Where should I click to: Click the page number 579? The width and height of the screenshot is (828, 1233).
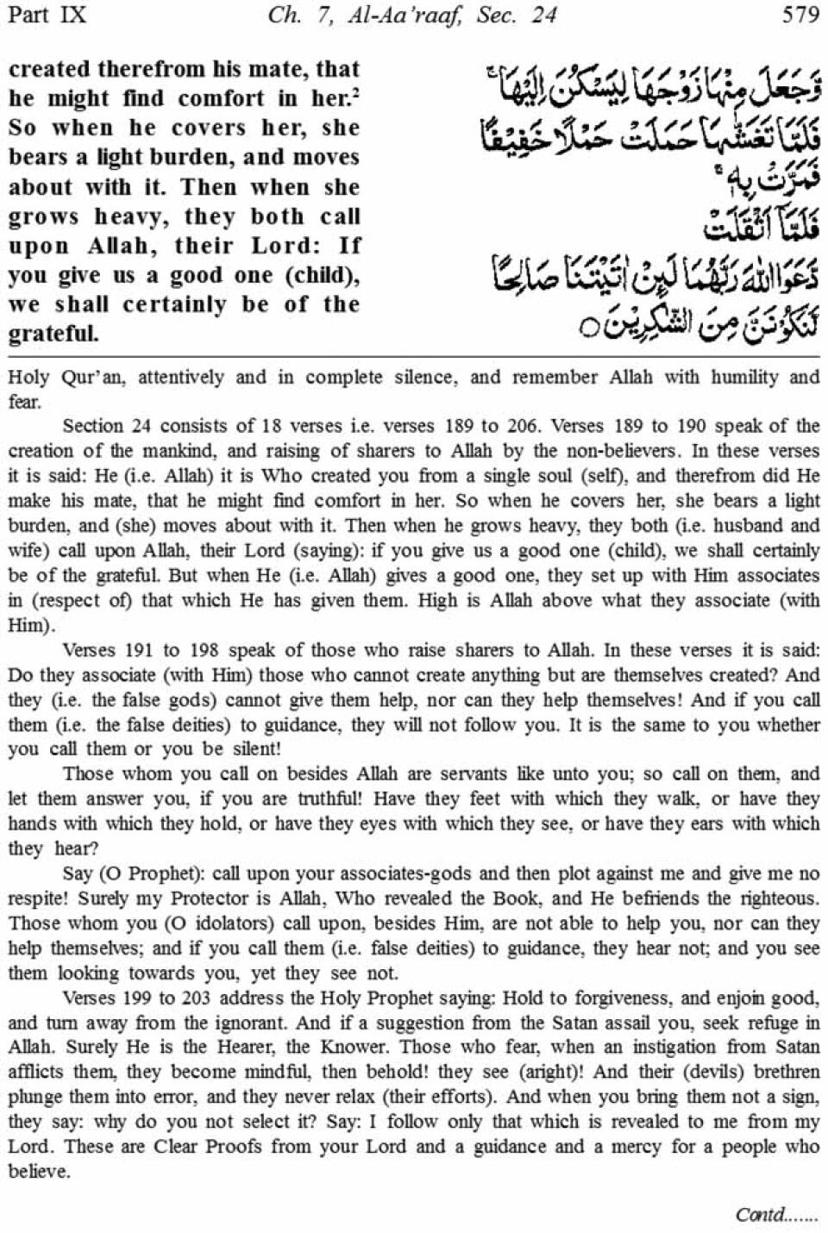click(x=800, y=15)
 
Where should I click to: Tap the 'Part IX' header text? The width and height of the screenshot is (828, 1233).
click(x=47, y=15)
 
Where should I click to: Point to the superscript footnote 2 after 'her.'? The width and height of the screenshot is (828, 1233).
click(x=356, y=91)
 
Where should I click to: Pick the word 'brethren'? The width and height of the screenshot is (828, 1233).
click(x=787, y=1073)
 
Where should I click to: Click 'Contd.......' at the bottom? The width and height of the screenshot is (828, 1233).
click(x=775, y=1215)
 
